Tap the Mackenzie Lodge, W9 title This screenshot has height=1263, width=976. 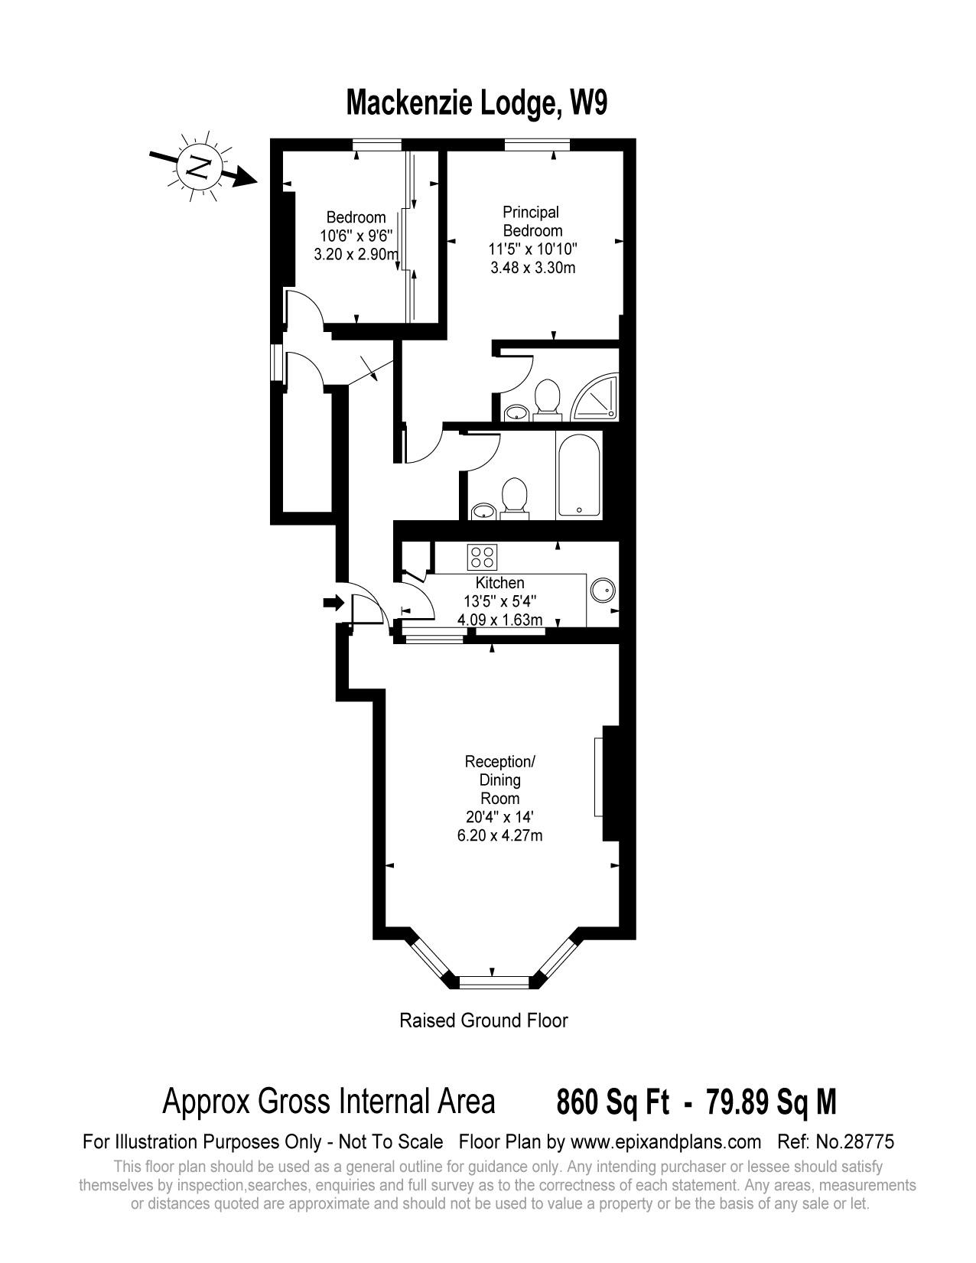click(477, 103)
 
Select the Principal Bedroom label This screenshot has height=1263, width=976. click(532, 221)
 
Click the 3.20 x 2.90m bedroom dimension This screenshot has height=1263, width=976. click(356, 255)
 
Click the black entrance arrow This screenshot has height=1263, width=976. click(333, 603)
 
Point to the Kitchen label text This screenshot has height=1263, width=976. click(500, 583)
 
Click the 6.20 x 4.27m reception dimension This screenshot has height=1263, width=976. click(500, 835)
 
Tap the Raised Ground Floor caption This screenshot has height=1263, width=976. click(483, 1020)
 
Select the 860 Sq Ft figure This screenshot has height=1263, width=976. click(613, 1102)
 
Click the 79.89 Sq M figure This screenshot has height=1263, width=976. click(771, 1102)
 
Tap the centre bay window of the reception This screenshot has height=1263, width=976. click(493, 980)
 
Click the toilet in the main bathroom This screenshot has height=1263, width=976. click(513, 497)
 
